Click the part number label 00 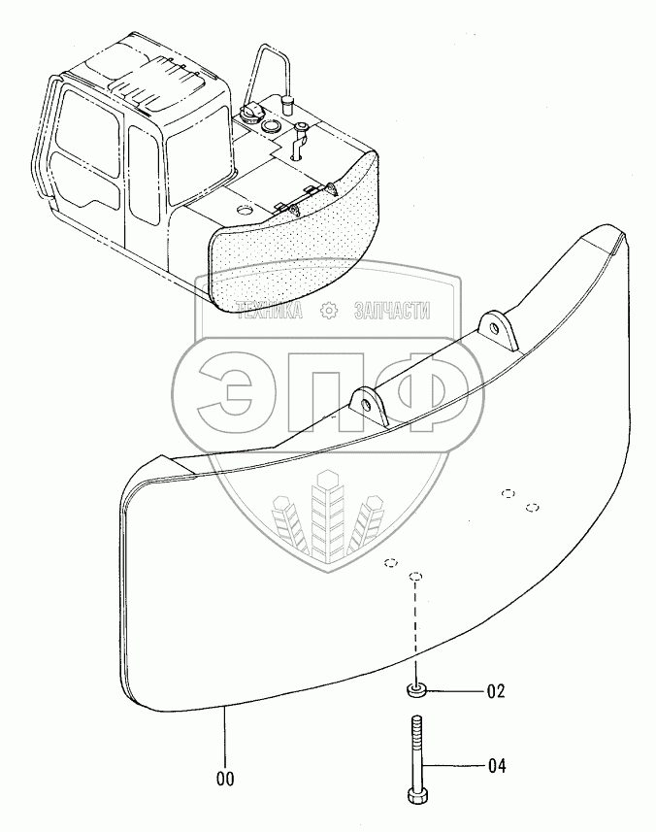(x=224, y=779)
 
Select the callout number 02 (x=495, y=692)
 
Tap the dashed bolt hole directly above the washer (x=414, y=577)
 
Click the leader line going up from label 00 (x=224, y=738)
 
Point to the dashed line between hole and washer (x=415, y=631)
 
